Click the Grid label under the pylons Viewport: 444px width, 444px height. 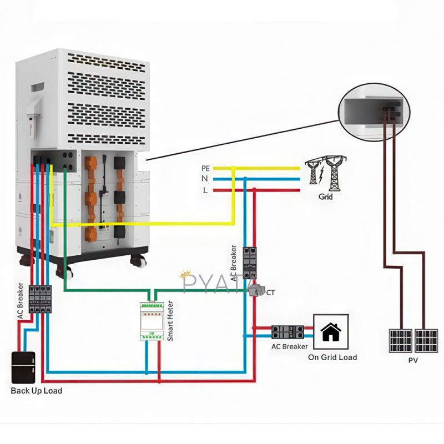pos(326,196)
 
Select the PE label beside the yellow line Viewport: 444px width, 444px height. pos(205,168)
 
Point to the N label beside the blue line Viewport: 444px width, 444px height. pos(205,179)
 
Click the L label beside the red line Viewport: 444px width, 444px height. pos(205,190)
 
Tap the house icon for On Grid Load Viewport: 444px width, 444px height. pos(331,332)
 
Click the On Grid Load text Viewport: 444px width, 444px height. pos(332,357)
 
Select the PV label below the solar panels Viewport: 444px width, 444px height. pos(413,360)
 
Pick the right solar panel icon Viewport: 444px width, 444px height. pos(426,340)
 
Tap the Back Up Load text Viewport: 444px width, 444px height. pos(37,391)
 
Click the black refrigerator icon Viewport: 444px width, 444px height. pos(23,367)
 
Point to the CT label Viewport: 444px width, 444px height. pos(271,292)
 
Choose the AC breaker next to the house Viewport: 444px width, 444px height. pos(286,332)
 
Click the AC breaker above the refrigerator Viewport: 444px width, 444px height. pos(40,298)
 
